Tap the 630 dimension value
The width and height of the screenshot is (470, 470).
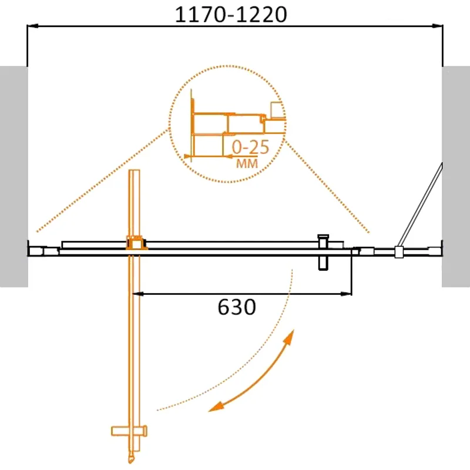(x=237, y=306)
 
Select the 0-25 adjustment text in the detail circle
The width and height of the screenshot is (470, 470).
(x=250, y=147)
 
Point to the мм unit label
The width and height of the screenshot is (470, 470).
(x=247, y=164)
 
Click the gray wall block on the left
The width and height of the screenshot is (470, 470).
(x=14, y=176)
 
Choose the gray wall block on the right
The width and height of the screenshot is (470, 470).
(x=456, y=176)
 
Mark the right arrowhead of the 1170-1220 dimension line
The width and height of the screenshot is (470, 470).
(x=437, y=26)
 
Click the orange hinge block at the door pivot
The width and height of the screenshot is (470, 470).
(x=136, y=243)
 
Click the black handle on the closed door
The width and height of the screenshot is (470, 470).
(x=323, y=253)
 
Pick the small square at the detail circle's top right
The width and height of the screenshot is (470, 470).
(x=276, y=110)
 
